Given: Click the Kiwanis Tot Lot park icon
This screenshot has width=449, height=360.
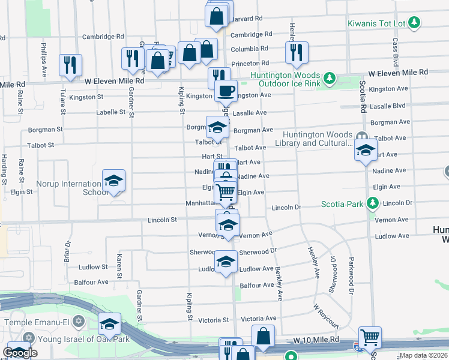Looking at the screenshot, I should (x=414, y=23).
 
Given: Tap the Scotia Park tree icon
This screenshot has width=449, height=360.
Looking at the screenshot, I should (x=373, y=204).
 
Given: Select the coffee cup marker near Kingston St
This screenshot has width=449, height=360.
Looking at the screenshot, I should (x=226, y=91).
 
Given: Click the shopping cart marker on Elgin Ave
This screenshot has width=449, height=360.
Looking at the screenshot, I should (x=226, y=192).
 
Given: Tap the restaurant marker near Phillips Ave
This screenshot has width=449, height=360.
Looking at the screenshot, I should (x=70, y=64).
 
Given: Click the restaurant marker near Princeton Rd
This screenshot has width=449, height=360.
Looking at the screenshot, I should (x=297, y=52).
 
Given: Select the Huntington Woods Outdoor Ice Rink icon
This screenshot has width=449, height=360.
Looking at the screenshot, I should (x=329, y=78).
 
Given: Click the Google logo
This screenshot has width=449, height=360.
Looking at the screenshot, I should (x=20, y=353).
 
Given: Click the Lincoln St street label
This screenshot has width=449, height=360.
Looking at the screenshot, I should (x=162, y=220).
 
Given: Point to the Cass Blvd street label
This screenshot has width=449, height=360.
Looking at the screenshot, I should (x=396, y=52).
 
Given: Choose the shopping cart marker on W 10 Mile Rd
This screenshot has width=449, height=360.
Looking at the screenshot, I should (x=370, y=337).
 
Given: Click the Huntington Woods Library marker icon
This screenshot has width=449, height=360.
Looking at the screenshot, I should (x=361, y=136).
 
